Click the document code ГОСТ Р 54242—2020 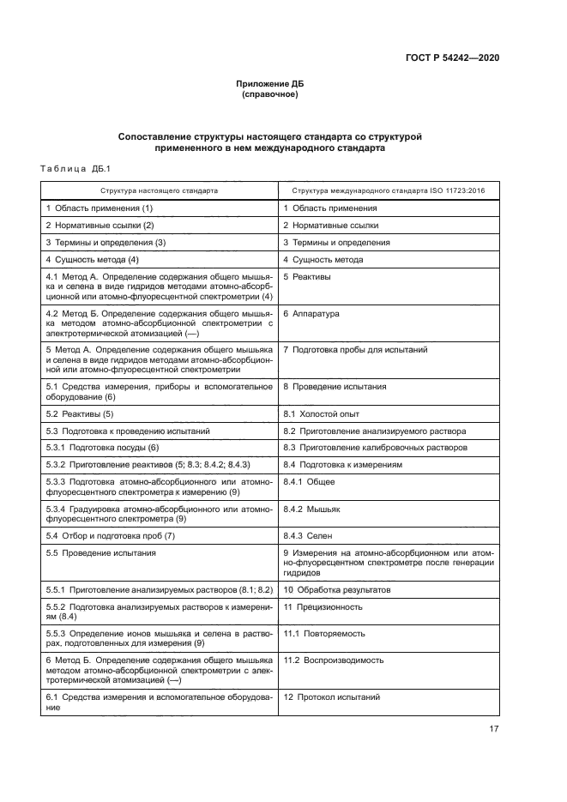click(x=451, y=57)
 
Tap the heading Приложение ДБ click(x=270, y=84)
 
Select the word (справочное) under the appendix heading click(x=270, y=94)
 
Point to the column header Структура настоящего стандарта click(x=159, y=190)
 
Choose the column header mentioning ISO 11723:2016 click(x=389, y=190)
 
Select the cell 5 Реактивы click(x=307, y=277)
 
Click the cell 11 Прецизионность click(x=323, y=606)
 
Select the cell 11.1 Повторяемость click(x=324, y=633)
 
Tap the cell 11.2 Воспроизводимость click(x=334, y=660)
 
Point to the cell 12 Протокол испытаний click(x=332, y=697)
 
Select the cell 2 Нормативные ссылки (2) click(x=100, y=226)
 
